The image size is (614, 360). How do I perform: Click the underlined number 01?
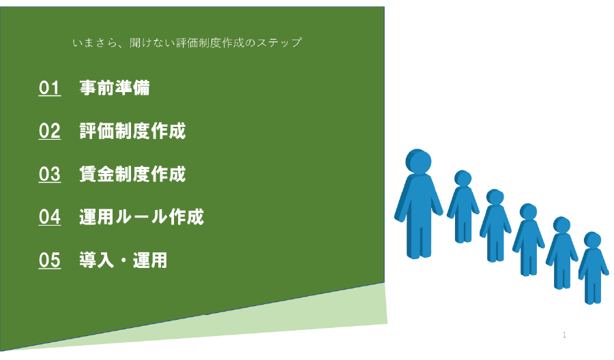pyautogui.click(x=50, y=88)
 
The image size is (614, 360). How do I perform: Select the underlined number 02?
pyautogui.click(x=50, y=131)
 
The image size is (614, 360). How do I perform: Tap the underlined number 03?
pyautogui.click(x=50, y=174)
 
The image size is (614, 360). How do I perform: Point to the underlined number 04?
pyautogui.click(x=50, y=217)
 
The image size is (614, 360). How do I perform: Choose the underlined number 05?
pyautogui.click(x=50, y=260)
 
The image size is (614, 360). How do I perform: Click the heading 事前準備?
pyautogui.click(x=115, y=88)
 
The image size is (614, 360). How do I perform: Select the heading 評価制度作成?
pyautogui.click(x=132, y=131)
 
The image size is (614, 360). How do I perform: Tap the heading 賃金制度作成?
pyautogui.click(x=132, y=174)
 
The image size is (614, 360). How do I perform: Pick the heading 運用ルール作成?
pyautogui.click(x=141, y=217)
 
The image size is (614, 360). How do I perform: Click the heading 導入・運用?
pyautogui.click(x=123, y=260)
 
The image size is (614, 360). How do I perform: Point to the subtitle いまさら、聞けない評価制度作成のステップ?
pyautogui.click(x=187, y=42)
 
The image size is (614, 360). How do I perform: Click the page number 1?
pyautogui.click(x=564, y=335)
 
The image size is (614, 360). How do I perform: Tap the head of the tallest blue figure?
pyautogui.click(x=418, y=161)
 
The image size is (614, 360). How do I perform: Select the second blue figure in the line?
pyautogui.click(x=463, y=206)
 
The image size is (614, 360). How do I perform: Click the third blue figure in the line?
pyautogui.click(x=495, y=226)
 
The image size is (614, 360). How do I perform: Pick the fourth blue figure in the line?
pyautogui.click(x=529, y=239)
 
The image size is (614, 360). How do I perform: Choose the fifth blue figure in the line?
pyautogui.click(x=562, y=253)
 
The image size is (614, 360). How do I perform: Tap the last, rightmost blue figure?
pyautogui.click(x=594, y=268)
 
